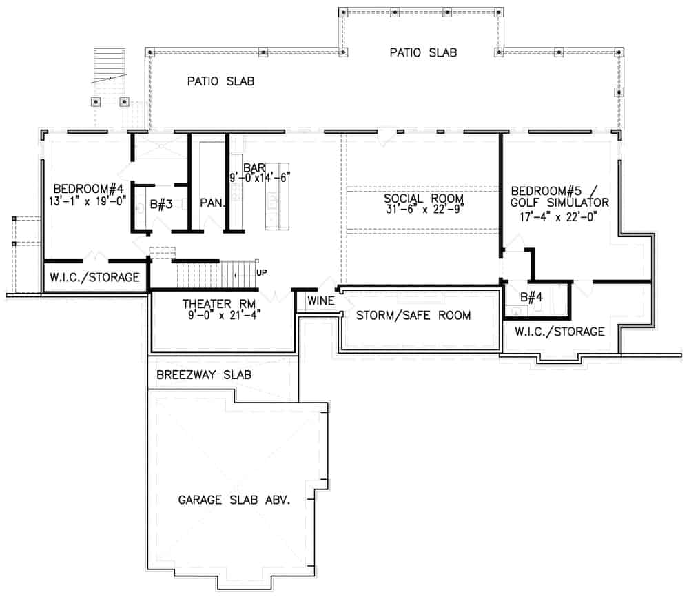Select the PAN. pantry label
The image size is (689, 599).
(x=214, y=203)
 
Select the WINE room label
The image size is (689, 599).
(x=320, y=301)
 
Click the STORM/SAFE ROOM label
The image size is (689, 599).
(x=413, y=316)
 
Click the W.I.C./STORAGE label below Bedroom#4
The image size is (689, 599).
(x=95, y=278)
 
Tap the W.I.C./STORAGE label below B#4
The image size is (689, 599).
(x=559, y=332)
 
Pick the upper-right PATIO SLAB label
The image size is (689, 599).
(x=423, y=52)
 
